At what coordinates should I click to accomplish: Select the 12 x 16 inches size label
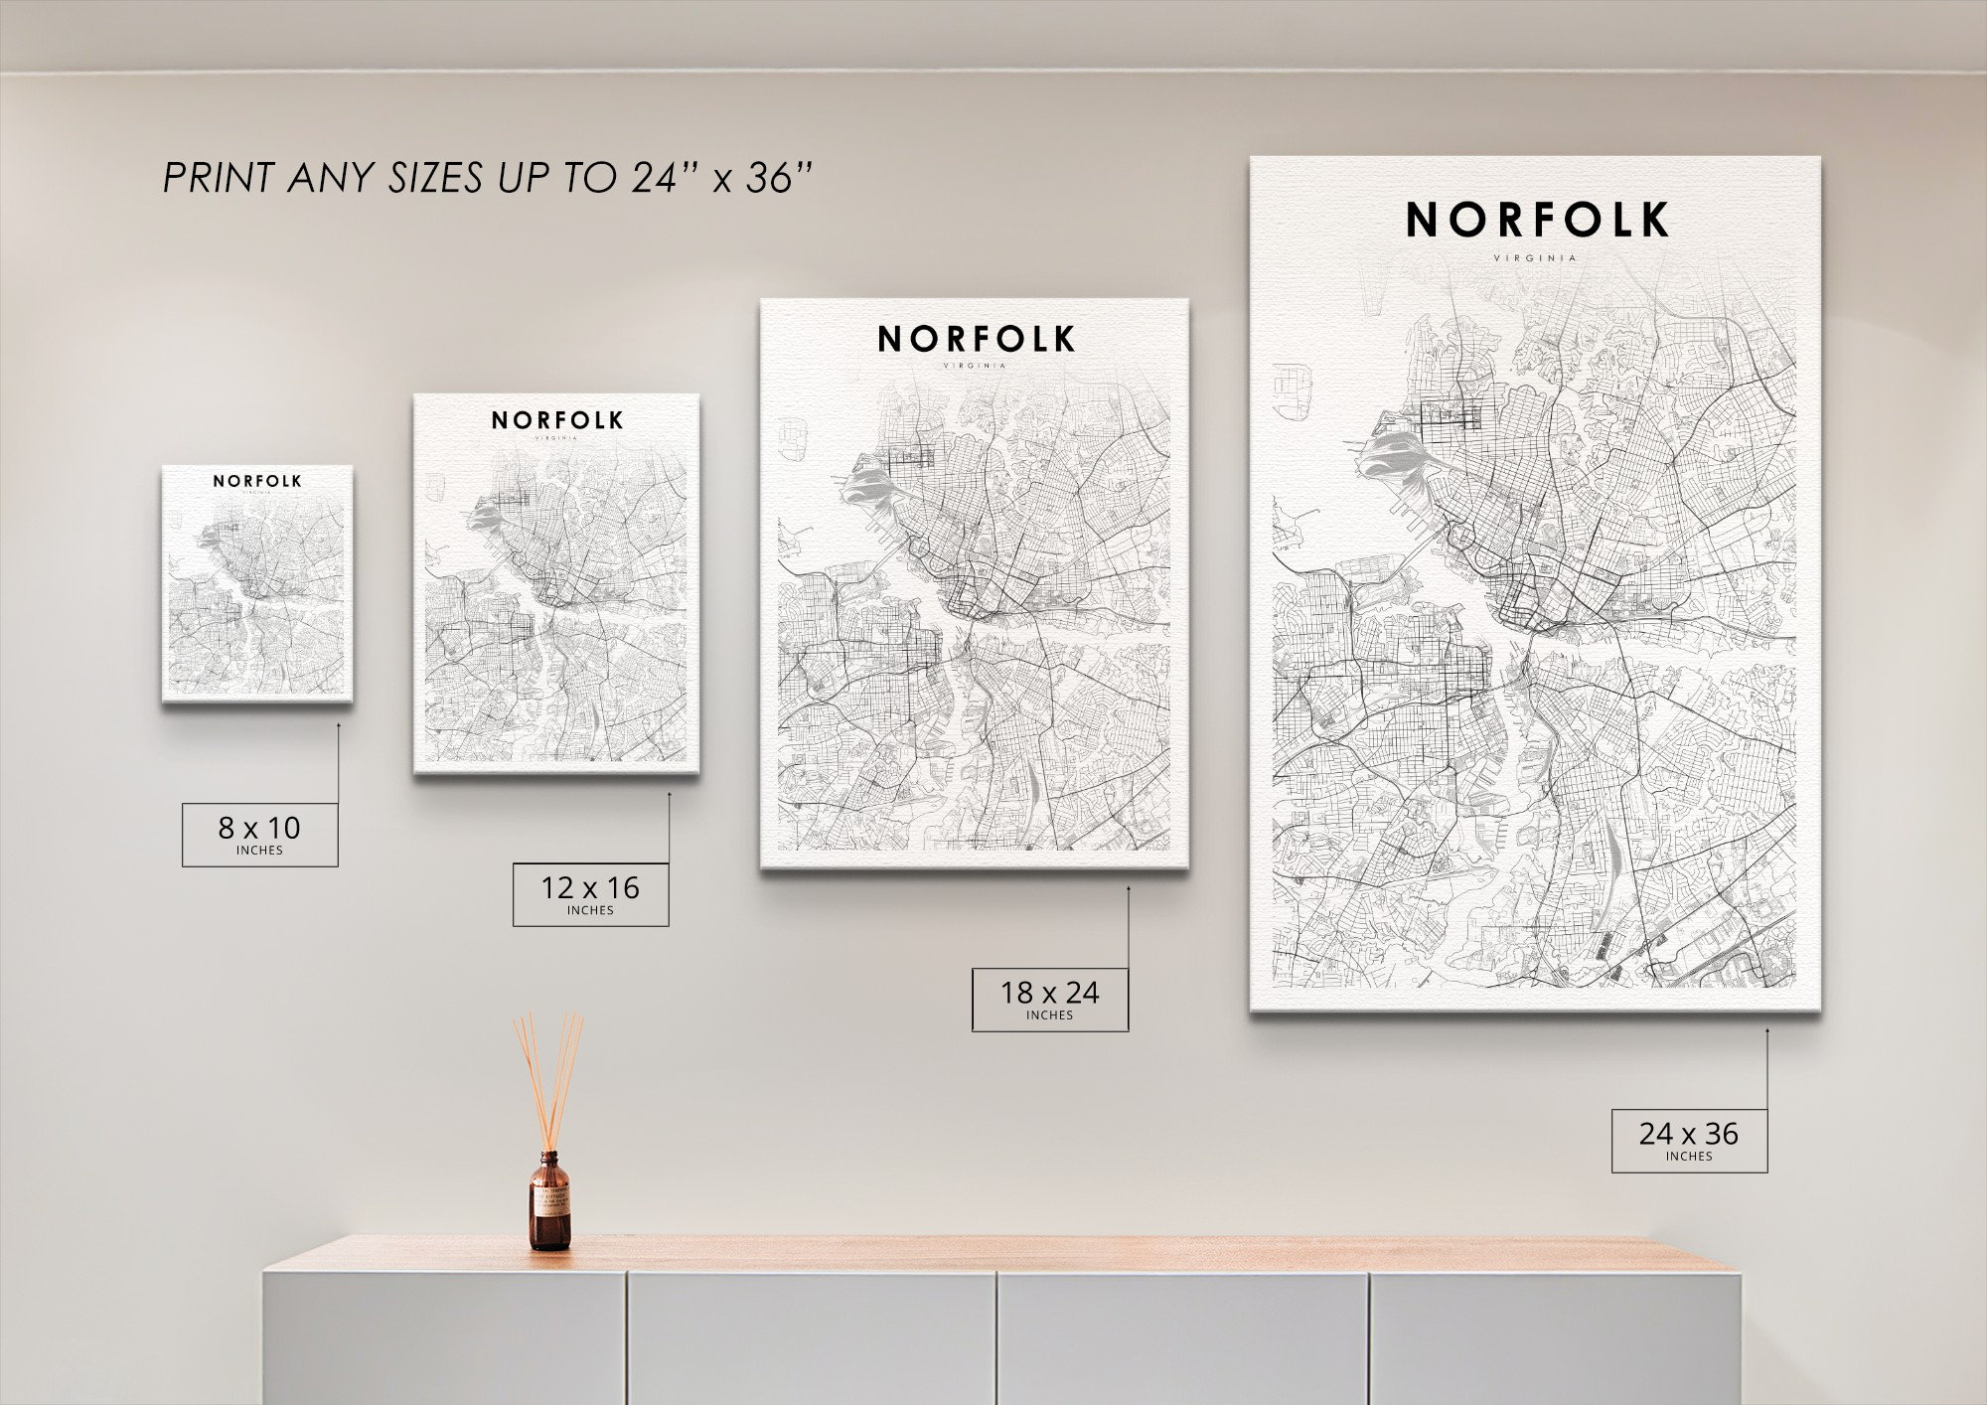tap(590, 894)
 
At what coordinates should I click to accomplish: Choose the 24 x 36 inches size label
tap(1689, 1140)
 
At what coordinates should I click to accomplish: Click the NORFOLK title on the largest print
tap(1536, 221)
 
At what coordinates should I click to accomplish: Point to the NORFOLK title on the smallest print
tap(257, 481)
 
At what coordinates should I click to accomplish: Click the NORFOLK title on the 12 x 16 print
tap(556, 420)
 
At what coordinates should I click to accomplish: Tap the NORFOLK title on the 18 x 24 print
tap(976, 340)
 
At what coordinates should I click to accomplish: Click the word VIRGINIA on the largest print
tap(1535, 258)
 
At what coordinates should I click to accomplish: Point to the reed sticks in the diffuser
tap(547, 1078)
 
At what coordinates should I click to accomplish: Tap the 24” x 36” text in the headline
tap(721, 179)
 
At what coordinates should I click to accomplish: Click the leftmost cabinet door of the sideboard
tap(444, 1339)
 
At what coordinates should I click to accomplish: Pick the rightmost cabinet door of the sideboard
tap(1555, 1339)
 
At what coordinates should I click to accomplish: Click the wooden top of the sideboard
tap(993, 1254)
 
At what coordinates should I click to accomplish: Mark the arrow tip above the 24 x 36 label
tap(1767, 1030)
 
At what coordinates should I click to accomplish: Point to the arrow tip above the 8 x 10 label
tap(338, 724)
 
